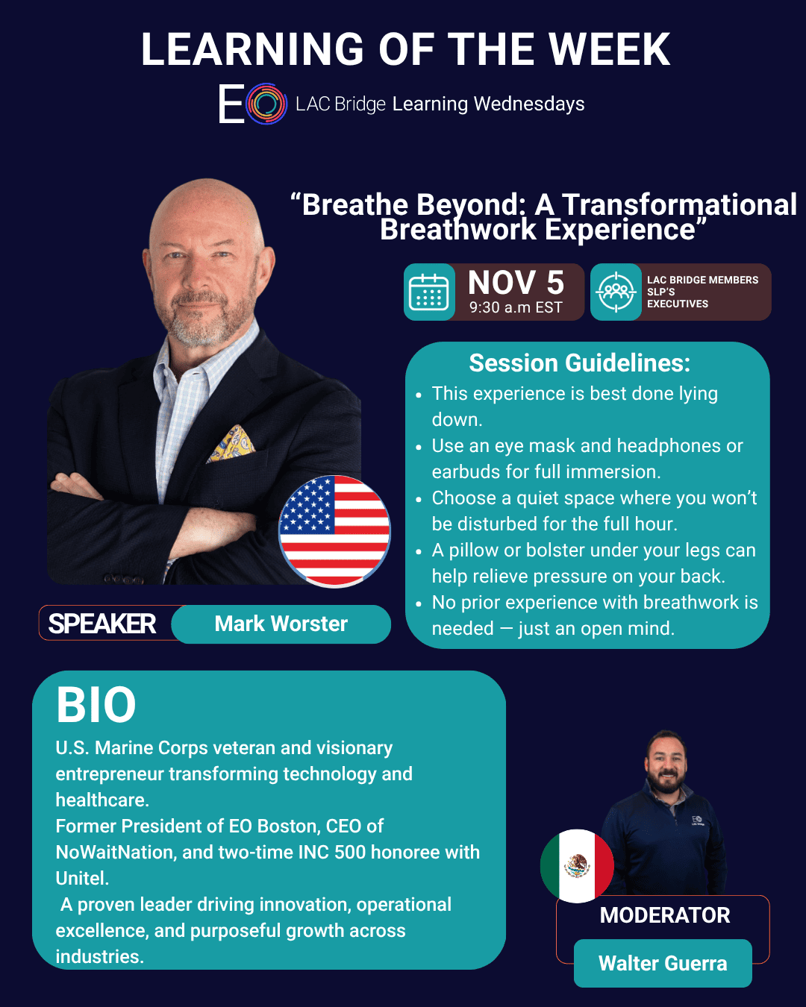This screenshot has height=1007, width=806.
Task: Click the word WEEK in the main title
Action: coord(609,49)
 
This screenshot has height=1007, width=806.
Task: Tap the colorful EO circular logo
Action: coord(266,104)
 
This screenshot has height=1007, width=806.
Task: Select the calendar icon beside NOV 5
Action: coord(428,292)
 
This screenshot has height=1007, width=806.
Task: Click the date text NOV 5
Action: coord(516,282)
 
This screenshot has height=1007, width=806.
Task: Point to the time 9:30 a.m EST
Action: coord(516,307)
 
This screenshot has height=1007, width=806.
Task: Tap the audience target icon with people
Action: coord(616,292)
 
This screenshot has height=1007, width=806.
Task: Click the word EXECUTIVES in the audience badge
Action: coord(677,304)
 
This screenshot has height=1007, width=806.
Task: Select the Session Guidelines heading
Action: coord(580,363)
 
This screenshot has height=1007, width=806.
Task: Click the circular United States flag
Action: coord(334,531)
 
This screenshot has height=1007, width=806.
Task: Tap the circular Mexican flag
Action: coord(577,866)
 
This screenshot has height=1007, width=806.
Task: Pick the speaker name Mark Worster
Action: coord(281,624)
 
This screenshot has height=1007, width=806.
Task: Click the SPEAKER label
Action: coord(102,624)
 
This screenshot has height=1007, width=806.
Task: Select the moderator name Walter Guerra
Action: coord(663,963)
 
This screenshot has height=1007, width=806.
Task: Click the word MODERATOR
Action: coord(664,915)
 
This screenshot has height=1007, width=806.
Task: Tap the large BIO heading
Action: coord(96,705)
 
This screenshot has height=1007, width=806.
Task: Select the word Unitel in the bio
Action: coord(82,878)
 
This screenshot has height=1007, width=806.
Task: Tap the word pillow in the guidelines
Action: coord(473,550)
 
